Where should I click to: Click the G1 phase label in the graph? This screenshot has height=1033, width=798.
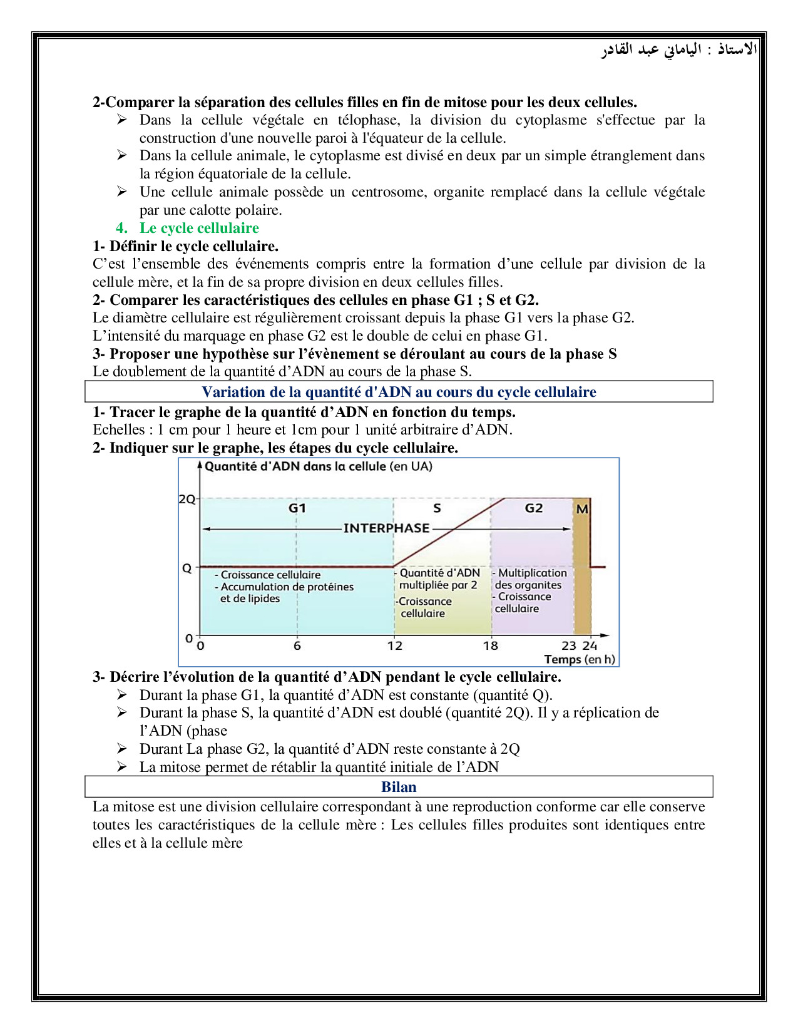tap(297, 508)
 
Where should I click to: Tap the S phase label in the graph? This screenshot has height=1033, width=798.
tap(437, 508)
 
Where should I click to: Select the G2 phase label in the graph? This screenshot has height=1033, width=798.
tap(533, 508)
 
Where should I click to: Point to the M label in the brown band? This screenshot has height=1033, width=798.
tap(582, 509)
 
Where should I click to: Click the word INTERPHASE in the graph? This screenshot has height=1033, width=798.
tap(386, 528)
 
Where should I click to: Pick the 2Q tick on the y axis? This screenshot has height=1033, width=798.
tap(187, 499)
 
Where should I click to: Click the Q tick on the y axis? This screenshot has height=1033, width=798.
tap(187, 568)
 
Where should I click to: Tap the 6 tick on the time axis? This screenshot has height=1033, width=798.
tap(297, 645)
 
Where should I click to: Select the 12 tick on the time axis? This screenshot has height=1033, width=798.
tap(394, 645)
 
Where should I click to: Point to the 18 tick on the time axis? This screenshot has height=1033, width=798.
tap(491, 645)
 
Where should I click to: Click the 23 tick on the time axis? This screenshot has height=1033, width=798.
tap(568, 645)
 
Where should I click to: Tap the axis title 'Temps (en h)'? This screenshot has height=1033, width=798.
tap(580, 659)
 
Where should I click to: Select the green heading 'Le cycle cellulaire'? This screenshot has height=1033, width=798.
tap(199, 228)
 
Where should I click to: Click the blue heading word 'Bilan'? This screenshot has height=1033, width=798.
tap(399, 787)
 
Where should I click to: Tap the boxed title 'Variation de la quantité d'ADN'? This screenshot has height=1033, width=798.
tap(399, 392)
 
